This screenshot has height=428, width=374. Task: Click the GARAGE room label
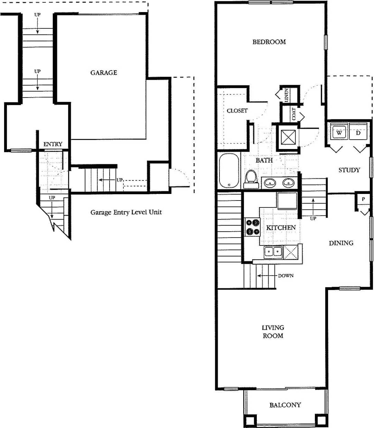tap(104, 73)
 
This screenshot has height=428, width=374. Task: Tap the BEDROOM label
tap(269, 42)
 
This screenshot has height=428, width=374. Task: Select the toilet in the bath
tap(250, 179)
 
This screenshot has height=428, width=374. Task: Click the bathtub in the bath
tap(229, 171)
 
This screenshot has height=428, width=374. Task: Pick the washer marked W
tap(339, 132)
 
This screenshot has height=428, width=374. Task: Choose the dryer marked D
tap(358, 132)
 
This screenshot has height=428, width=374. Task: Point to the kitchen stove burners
tap(252, 227)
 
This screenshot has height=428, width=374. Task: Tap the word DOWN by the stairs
tap(286, 276)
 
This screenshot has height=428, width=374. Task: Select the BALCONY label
tap(285, 405)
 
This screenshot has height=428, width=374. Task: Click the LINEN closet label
tap(286, 94)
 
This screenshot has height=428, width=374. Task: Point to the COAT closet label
tap(294, 114)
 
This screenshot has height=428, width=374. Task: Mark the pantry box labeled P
tap(363, 199)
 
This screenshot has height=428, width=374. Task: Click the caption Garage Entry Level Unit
tap(126, 212)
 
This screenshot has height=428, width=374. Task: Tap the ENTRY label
tap(53, 144)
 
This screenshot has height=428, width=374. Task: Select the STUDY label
tap(349, 170)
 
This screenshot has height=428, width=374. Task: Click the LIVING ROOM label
tap(273, 331)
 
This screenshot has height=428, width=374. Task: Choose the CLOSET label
tap(237, 111)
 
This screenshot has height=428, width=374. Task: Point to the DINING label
tap(341, 243)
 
